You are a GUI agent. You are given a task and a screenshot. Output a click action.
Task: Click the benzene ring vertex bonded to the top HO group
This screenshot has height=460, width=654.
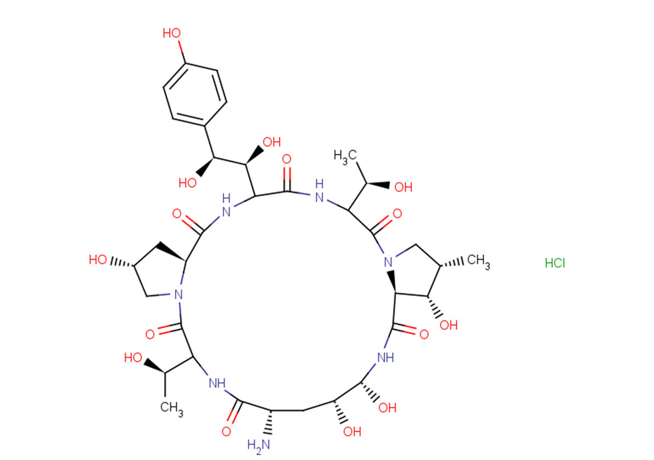pos(185,63)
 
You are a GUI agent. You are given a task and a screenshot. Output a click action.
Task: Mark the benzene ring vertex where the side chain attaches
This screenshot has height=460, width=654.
pos(205,125)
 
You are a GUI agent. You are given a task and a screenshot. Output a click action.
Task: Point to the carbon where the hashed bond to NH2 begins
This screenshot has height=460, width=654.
pos(271,411)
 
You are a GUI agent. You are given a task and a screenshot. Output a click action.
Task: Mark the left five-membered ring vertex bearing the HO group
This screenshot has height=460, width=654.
pos(134,265)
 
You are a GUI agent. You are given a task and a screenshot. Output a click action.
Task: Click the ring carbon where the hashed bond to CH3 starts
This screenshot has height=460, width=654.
pos(440,265)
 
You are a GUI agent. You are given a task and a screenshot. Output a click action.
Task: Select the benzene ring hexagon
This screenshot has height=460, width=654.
pos(195,95)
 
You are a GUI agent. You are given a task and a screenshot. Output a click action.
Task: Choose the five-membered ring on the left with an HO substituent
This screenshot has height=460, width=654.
pos(160,271)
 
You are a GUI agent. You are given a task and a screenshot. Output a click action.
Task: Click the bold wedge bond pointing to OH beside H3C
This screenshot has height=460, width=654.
pos(378,184)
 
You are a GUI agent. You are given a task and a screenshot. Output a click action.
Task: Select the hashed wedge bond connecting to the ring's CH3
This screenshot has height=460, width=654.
pos(452,263)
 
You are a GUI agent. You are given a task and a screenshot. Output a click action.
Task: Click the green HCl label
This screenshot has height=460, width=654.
pos(555,263)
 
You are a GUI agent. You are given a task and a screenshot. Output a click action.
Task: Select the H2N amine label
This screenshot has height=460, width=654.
pos(259,445)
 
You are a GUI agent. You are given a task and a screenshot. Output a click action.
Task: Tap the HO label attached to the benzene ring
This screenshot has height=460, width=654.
pos(172,34)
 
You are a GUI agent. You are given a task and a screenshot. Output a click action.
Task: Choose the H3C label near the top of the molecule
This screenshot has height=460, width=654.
pos(345,157)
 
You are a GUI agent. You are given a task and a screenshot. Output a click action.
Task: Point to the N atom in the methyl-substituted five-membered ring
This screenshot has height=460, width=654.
pos(388,263)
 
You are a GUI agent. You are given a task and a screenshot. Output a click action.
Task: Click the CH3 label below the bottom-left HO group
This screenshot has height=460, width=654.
pos(171,407)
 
